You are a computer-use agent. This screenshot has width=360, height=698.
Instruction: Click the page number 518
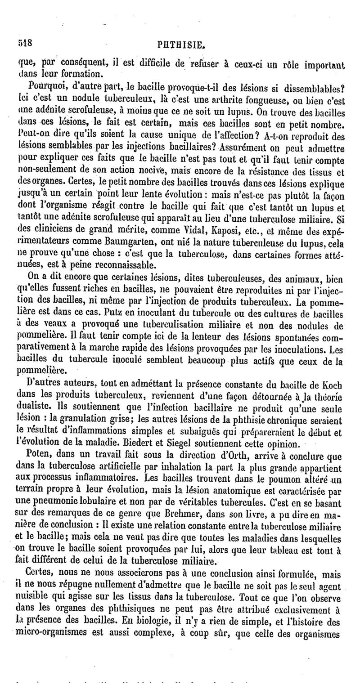(x=26, y=44)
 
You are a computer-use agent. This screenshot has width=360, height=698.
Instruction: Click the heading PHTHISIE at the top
(x=182, y=45)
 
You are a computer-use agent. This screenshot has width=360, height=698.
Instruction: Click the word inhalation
(x=175, y=468)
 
